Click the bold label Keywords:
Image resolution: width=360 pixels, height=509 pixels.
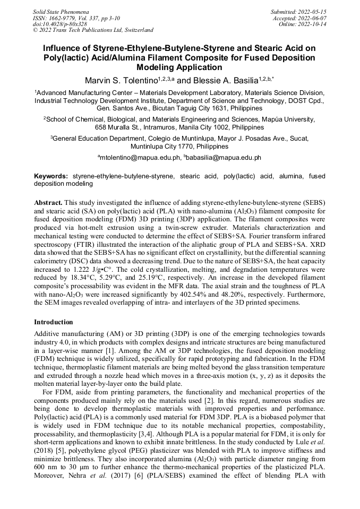pyautogui.click(x=51, y=176)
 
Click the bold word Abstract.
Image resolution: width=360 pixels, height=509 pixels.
pyautogui.click(x=48, y=203)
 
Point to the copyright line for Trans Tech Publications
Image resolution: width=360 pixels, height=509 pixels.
pyautogui.click(x=93, y=30)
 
